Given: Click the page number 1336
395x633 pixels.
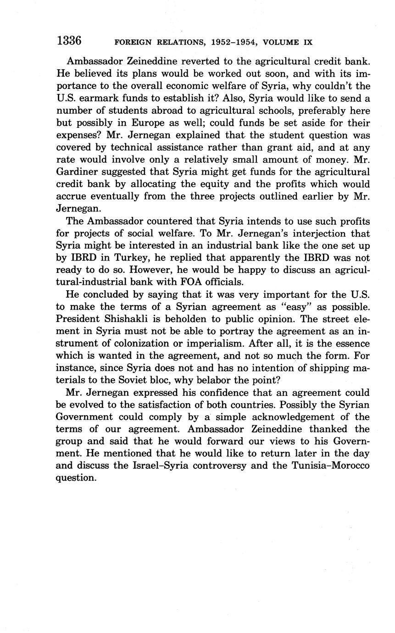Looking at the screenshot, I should tap(69, 41).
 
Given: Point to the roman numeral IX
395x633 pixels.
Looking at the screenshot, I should tap(307, 42).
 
